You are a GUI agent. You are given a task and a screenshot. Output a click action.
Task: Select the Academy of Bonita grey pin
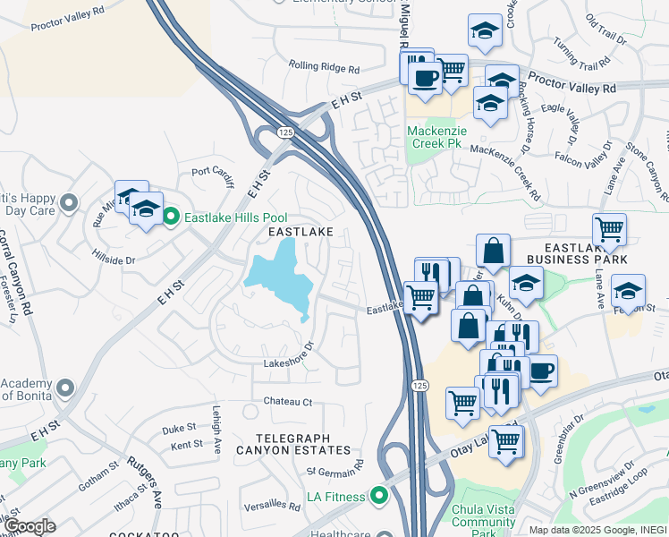click(x=64, y=388)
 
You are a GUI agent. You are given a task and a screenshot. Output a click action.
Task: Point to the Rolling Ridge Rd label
click(x=324, y=67)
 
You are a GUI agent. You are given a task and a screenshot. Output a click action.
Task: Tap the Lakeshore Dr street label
click(x=289, y=355)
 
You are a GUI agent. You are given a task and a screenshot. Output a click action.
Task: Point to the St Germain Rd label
click(x=335, y=468)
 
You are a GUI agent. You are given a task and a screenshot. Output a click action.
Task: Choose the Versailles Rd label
click(x=275, y=503)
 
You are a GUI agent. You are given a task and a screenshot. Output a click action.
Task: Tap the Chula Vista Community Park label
click(x=486, y=516)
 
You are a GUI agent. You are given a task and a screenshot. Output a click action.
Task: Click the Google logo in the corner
click(x=30, y=526)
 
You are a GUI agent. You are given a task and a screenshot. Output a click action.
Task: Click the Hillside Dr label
click(x=114, y=259)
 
